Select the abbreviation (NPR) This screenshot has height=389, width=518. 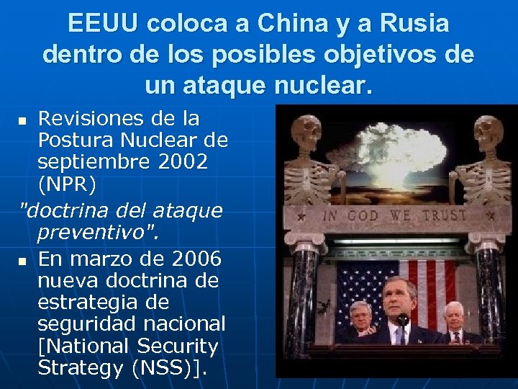click(67, 184)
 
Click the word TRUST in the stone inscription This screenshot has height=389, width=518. click(444, 215)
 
